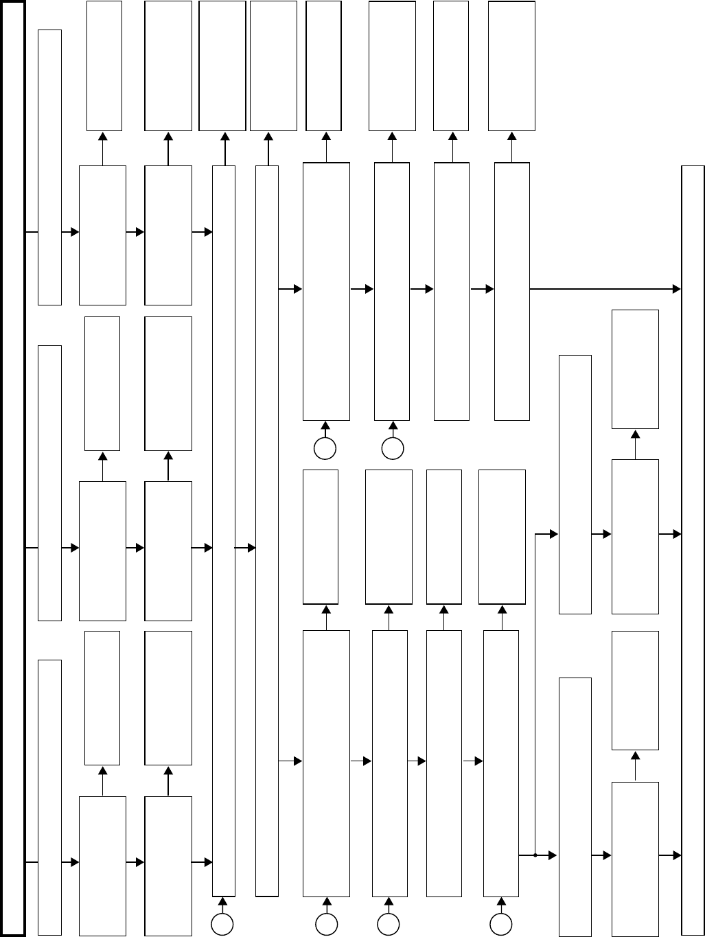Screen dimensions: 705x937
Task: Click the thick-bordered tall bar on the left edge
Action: pos(13,468)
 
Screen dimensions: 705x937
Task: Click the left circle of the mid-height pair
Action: pos(325,449)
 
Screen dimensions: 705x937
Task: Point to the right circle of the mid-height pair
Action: pos(393,449)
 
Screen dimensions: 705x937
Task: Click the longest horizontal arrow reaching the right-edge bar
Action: pos(604,289)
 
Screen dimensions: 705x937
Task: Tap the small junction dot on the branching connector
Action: pos(535,855)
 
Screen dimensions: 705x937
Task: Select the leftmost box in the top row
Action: pos(104,65)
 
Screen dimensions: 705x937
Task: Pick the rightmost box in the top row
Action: pos(511,65)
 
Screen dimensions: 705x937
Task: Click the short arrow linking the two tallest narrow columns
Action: pos(245,548)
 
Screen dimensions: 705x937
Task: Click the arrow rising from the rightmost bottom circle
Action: pos(501,905)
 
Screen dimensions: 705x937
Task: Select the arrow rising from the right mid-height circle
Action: pos(393,429)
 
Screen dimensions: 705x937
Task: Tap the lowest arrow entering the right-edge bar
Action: pos(670,855)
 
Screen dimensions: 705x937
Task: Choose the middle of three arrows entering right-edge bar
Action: pos(670,533)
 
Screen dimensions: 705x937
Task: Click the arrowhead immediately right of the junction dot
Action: pos(553,855)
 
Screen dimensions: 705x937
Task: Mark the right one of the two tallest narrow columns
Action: pos(267,530)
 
